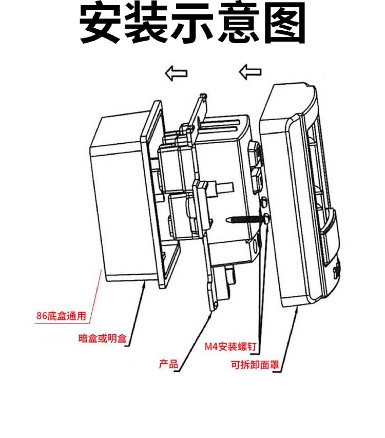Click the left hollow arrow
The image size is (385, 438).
tap(176, 74)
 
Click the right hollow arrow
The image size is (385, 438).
tap(250, 72)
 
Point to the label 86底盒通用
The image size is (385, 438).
tap(61, 316)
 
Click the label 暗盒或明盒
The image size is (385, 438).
tap(103, 338)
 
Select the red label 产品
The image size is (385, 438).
tap(168, 364)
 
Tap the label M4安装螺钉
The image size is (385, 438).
tap(230, 347)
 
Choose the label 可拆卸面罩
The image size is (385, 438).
tap(255, 365)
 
